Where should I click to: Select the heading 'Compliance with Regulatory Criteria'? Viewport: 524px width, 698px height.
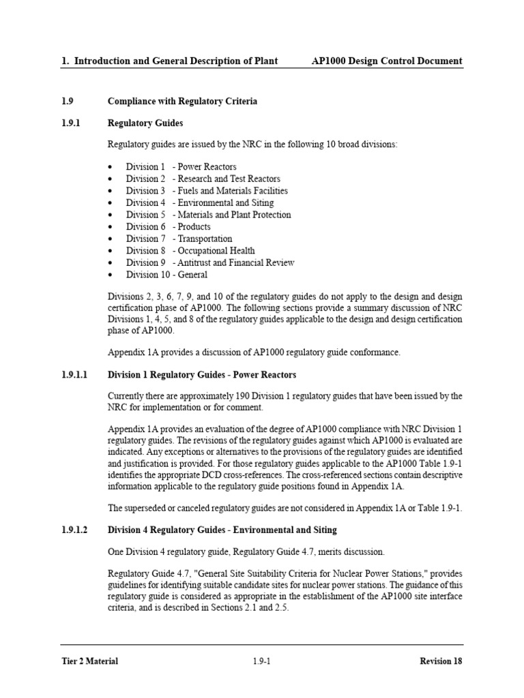click(182, 102)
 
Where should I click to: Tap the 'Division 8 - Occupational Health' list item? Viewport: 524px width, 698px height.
click(190, 251)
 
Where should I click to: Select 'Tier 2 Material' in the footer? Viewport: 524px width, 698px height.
click(89, 661)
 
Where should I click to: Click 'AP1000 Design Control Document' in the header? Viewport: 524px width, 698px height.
click(387, 61)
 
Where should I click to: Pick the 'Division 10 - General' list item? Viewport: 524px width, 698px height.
click(166, 275)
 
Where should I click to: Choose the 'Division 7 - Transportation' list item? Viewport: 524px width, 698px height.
click(179, 239)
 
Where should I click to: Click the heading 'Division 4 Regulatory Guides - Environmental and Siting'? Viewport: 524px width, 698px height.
click(222, 530)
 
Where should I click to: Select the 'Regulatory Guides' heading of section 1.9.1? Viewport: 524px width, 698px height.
click(145, 123)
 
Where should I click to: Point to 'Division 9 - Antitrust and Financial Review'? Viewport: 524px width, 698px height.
click(210, 262)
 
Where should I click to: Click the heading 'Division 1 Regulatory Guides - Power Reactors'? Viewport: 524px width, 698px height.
click(202, 375)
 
